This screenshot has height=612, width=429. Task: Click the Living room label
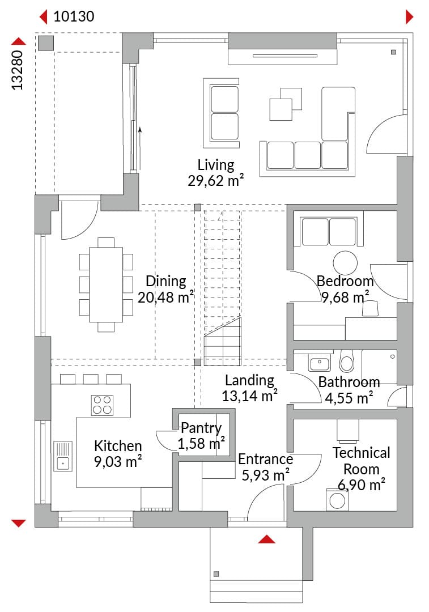point(215,165)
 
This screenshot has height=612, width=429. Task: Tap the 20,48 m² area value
point(165,297)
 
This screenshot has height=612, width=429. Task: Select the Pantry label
point(201,428)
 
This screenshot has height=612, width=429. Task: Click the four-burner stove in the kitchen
point(102,405)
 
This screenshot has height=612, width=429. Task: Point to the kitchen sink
point(62,456)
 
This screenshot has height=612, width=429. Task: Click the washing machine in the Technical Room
point(337,500)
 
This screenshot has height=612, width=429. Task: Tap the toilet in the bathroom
point(346,360)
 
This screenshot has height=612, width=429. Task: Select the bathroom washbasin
point(320,363)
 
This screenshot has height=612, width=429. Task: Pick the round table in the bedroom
point(345,263)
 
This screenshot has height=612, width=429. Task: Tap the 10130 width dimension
point(74,16)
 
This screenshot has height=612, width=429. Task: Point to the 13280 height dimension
point(17,70)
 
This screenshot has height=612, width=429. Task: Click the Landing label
point(249,380)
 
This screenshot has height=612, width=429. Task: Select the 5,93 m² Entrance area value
point(265,475)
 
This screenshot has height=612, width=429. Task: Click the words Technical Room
point(361,461)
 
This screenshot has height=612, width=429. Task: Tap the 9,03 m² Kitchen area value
point(117,462)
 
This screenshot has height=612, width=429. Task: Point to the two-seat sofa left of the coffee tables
point(221,112)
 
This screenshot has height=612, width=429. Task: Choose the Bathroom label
point(349,382)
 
